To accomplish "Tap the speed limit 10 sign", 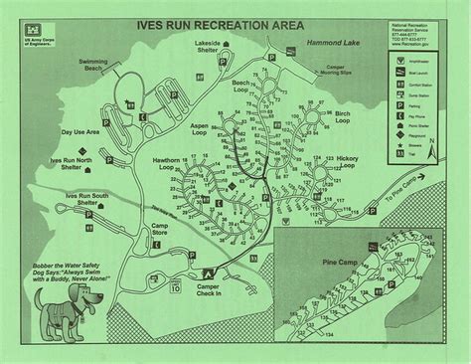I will (175, 291).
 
